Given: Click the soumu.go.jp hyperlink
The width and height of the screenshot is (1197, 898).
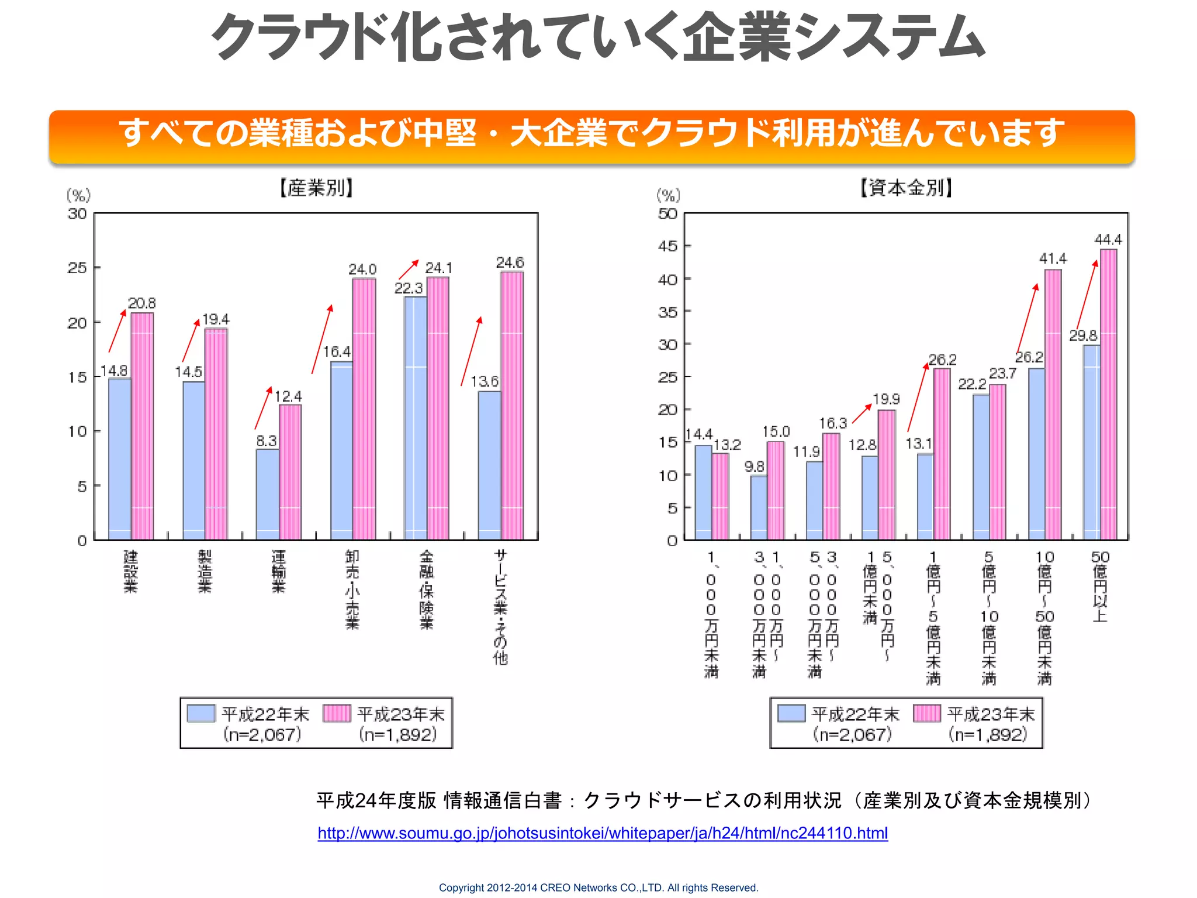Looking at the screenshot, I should (x=603, y=833).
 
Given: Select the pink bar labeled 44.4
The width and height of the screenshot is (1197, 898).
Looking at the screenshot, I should (x=1108, y=395).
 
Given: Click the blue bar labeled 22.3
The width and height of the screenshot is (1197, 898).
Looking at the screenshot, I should (x=415, y=418).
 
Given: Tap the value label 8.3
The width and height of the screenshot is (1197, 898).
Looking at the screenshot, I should (x=266, y=441).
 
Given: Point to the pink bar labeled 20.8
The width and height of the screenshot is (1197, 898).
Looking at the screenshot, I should (x=142, y=427).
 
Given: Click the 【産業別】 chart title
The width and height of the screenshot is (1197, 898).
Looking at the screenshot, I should (x=316, y=188).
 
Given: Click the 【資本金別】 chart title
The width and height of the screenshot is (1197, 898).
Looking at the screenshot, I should (x=906, y=188).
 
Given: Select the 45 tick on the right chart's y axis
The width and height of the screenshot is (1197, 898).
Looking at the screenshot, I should (x=668, y=246).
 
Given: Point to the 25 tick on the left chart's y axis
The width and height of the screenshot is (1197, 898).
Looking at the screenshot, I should (x=77, y=268).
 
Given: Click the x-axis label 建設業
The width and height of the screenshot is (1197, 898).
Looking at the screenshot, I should (x=130, y=571).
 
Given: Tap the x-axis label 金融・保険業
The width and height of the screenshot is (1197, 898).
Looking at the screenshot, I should (x=427, y=589).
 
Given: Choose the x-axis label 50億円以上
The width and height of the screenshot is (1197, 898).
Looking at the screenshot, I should (x=1100, y=586).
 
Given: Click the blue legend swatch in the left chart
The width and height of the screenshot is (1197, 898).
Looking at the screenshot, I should (x=200, y=713).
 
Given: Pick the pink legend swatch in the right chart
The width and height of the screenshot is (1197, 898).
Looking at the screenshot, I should (x=926, y=713).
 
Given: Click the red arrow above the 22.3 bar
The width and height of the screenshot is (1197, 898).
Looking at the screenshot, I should (x=409, y=270).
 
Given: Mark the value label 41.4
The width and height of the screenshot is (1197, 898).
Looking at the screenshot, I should (x=1052, y=258).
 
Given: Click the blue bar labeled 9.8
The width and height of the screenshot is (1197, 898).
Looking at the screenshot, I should (x=759, y=507).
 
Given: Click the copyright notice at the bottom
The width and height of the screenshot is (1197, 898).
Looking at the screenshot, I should (x=598, y=887).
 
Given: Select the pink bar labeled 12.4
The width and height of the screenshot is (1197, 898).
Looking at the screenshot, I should (x=290, y=472).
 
